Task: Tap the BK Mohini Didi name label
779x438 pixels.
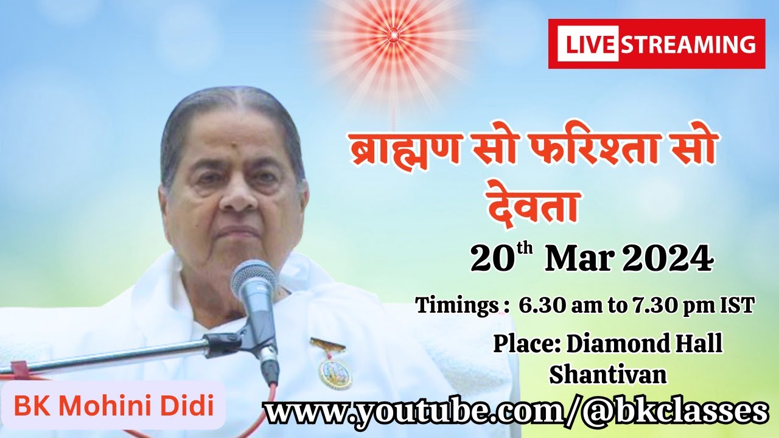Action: click(114, 406)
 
